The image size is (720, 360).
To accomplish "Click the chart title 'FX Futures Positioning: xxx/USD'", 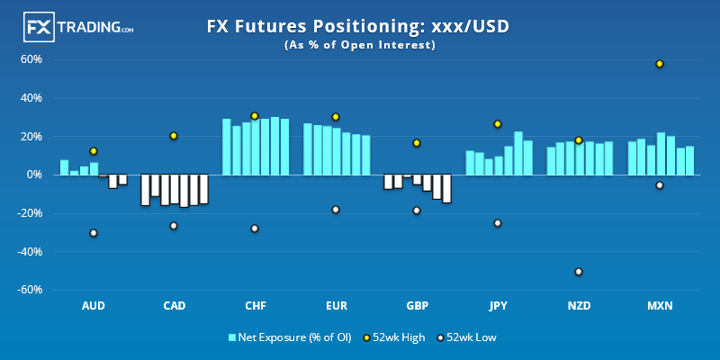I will (358, 27).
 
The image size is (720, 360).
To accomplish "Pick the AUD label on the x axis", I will (93, 306).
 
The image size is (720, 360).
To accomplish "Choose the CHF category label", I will (255, 306).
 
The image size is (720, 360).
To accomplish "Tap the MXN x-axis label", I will (660, 306).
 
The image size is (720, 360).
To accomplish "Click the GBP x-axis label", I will (417, 306).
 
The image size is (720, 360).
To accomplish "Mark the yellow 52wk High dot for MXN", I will (660, 64).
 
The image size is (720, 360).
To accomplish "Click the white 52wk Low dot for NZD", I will (579, 272).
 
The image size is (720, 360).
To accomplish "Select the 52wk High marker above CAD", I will (174, 136).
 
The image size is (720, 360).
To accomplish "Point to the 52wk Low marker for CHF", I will (255, 229).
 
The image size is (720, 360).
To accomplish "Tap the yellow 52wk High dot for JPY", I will (497, 124).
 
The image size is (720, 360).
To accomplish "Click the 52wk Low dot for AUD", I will (93, 233).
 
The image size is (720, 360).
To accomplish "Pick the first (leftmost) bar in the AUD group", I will (64, 167).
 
